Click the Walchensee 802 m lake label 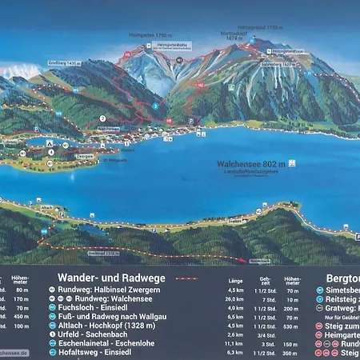256,163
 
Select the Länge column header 235,281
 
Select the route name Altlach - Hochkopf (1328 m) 106,325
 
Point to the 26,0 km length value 235,298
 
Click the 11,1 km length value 235,342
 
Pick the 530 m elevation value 294,325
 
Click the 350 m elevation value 294,352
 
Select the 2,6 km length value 235,334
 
